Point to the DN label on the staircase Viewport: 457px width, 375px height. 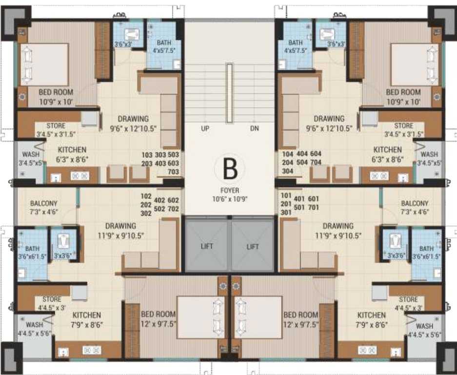(254, 128)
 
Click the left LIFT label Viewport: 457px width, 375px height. (206, 247)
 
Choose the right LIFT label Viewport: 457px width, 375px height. (252, 247)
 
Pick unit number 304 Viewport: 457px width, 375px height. (288, 172)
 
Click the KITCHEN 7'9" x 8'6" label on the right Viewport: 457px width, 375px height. (371, 319)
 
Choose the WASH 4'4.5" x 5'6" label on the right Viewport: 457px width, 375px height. (424, 330)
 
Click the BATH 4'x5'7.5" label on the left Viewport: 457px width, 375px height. (164, 46)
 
